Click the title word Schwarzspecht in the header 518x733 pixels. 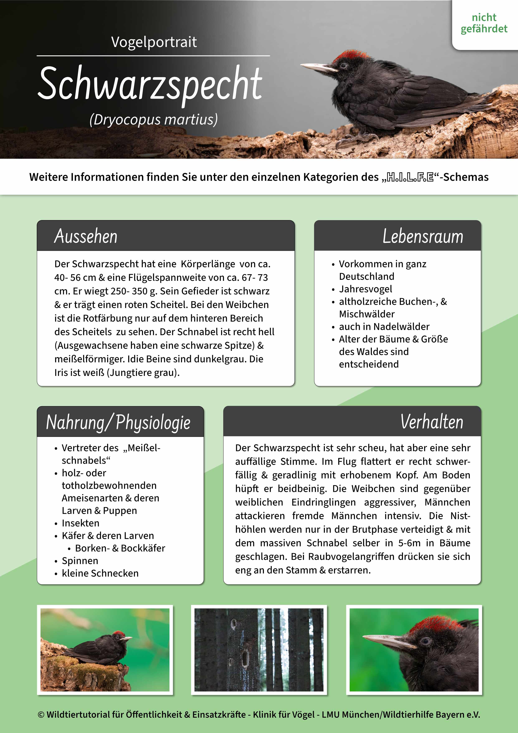coord(150,84)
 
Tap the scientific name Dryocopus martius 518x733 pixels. coord(153,120)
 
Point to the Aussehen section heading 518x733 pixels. coord(86,236)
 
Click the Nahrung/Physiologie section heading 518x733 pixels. coord(118,422)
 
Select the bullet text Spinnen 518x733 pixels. coord(80,561)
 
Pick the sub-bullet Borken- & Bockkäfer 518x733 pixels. coord(120,548)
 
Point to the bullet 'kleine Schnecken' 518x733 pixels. coord(100,573)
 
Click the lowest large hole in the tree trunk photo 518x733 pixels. coord(245,658)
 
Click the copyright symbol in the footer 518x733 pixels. coord(41,714)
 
